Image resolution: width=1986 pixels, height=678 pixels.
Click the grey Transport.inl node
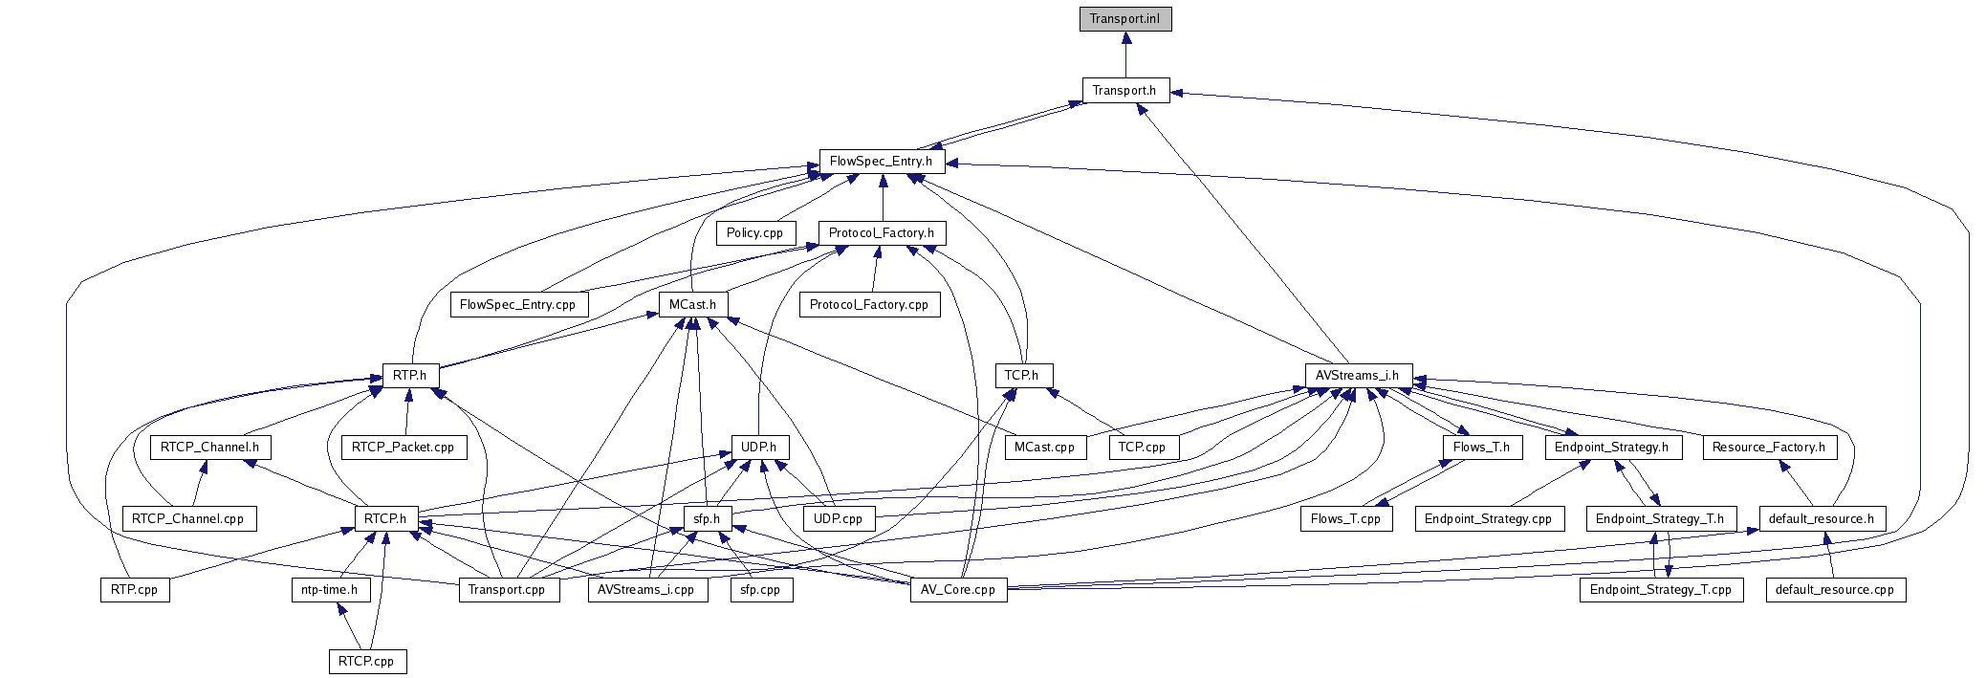point(1125,19)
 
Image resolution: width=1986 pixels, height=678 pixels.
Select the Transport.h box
point(1125,91)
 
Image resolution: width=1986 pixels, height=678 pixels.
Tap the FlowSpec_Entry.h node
point(881,162)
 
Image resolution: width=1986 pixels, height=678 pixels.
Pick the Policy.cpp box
point(754,233)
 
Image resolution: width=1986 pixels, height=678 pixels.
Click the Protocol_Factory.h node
point(881,233)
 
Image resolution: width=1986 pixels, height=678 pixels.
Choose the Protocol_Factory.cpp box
point(868,305)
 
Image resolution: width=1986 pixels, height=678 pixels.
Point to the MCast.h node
point(692,305)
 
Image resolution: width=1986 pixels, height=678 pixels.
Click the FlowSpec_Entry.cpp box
point(517,305)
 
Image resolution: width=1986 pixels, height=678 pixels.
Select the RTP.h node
point(409,376)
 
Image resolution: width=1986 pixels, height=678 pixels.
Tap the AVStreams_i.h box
point(1357,376)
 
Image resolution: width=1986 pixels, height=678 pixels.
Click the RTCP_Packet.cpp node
point(403,448)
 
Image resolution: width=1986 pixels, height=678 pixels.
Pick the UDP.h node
point(759,448)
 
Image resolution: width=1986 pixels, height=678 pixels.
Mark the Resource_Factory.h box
point(1768,448)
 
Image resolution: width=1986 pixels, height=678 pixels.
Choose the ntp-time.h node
point(329,590)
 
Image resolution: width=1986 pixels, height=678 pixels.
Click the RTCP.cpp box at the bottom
point(366,662)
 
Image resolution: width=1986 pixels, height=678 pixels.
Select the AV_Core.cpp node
point(957,590)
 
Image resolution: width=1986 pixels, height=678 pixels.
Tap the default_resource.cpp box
point(1834,590)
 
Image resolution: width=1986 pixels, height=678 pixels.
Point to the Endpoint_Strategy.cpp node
point(1488,519)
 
